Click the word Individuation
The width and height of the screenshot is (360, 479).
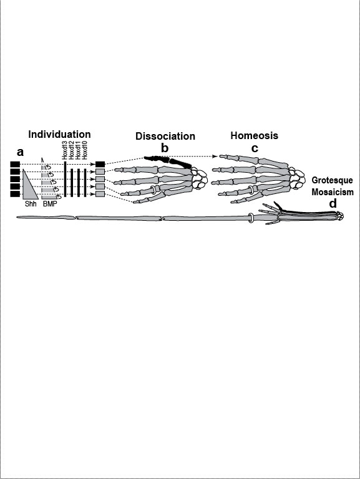tap(59, 135)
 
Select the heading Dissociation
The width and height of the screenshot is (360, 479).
tap(165, 136)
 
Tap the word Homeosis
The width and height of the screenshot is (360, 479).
tap(255, 135)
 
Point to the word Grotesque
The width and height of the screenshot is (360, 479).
tap(332, 180)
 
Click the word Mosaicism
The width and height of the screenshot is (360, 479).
tap(333, 192)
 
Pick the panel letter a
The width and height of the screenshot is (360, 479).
tap(20, 152)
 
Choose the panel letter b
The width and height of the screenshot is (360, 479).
tap(165, 148)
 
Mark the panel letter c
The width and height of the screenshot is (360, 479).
tap(255, 148)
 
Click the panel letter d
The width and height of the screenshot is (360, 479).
tap(333, 203)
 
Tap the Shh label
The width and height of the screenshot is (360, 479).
tap(30, 204)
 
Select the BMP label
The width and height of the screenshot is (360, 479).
tap(50, 204)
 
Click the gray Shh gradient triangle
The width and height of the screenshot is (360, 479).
tap(29, 187)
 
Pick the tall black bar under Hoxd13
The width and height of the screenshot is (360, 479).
tap(65, 179)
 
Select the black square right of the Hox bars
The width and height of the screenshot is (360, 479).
tap(100, 165)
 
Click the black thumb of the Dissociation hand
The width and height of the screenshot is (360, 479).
tap(167, 162)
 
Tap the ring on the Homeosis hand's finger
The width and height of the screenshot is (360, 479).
tap(251, 190)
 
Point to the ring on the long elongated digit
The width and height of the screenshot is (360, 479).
tap(251, 218)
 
